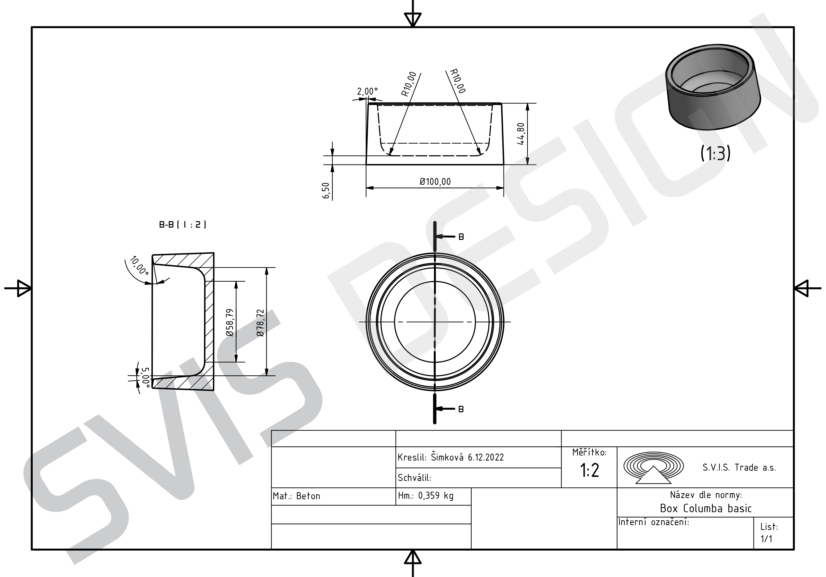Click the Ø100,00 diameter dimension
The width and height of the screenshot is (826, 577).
[x=435, y=182]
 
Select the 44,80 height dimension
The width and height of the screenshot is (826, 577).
[x=521, y=134]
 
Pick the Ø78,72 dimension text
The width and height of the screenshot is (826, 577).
[x=260, y=323]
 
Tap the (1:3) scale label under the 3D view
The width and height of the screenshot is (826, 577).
[x=715, y=153]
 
